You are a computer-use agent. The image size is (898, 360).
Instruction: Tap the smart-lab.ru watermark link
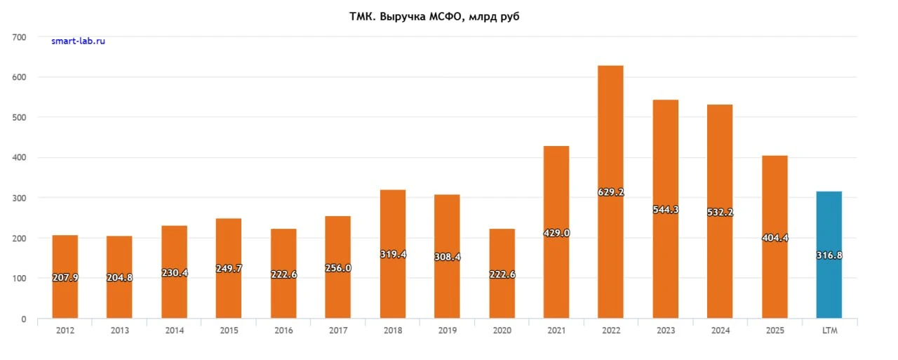pyautogui.click(x=78, y=41)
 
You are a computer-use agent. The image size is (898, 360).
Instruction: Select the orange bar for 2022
pyautogui.click(x=610, y=192)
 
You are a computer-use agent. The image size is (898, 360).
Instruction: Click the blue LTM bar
pyautogui.click(x=829, y=255)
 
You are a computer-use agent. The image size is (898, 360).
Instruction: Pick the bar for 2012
pyautogui.click(x=65, y=276)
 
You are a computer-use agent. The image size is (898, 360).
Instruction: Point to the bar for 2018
pyautogui.click(x=393, y=254)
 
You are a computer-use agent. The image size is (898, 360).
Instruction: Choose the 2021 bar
pyautogui.click(x=556, y=232)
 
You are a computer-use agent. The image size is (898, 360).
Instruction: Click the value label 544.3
pyautogui.click(x=666, y=209)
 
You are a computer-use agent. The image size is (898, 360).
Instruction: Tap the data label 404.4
pyautogui.click(x=775, y=238)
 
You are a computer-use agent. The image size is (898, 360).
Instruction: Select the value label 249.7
pyautogui.click(x=229, y=268)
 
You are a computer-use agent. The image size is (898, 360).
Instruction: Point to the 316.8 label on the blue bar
pyautogui.click(x=829, y=255)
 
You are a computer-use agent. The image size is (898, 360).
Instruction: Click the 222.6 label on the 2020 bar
pyautogui.click(x=502, y=274)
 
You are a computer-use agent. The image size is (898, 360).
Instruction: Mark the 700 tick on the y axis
pyautogui.click(x=19, y=37)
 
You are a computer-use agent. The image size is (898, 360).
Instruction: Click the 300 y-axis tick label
pyautogui.click(x=19, y=198)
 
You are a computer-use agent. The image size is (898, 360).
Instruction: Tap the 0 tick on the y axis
pyautogui.click(x=24, y=319)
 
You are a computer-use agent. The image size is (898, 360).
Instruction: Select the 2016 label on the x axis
pyautogui.click(x=283, y=331)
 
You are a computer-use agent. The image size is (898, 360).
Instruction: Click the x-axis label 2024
pyautogui.click(x=721, y=331)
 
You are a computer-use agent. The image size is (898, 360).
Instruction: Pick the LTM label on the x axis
pyautogui.click(x=829, y=331)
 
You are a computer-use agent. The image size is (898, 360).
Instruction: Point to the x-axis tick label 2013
pyautogui.click(x=120, y=331)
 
